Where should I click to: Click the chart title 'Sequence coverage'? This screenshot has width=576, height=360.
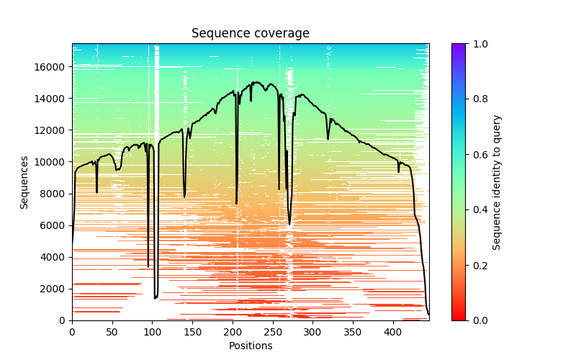(250, 34)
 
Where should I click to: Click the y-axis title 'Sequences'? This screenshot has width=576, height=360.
(24, 182)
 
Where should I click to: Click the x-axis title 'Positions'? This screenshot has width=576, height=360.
(250, 346)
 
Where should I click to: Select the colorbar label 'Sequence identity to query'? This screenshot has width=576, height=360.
(498, 182)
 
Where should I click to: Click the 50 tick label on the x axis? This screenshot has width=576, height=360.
(112, 332)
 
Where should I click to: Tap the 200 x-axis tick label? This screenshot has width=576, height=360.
(232, 332)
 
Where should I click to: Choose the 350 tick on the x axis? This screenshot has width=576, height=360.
(352, 332)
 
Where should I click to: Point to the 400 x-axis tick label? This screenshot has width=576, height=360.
(392, 332)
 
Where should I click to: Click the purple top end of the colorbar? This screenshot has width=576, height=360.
(458, 46)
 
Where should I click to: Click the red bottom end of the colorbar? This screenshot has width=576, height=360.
(458, 318)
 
